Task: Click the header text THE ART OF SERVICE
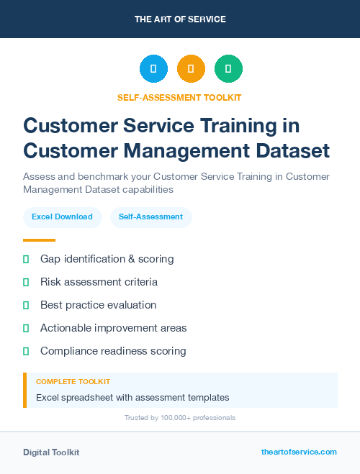pos(180,19)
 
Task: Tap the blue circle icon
pos(153,69)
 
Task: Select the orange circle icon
pos(191,69)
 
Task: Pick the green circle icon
pos(228,69)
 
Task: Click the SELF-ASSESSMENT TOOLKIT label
pos(179,97)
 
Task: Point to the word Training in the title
pos(238,125)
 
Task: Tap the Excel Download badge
pos(62,217)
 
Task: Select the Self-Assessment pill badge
pos(150,217)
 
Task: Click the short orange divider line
pos(39,240)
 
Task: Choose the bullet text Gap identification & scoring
pos(107,259)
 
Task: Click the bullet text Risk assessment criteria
pos(99,282)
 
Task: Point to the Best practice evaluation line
pos(98,305)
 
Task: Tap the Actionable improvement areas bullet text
pos(113,328)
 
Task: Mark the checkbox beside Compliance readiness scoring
pos(26,351)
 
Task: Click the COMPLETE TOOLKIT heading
pos(73,382)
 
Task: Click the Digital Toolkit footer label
pos(51,452)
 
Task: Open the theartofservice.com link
pos(299,452)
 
